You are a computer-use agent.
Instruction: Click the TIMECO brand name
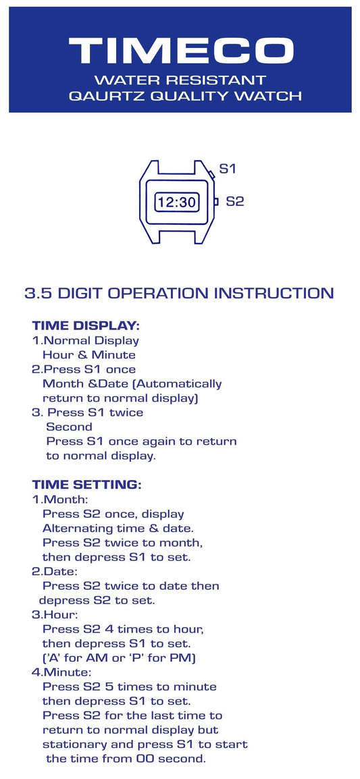(x=181, y=50)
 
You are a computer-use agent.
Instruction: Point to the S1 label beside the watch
(x=227, y=169)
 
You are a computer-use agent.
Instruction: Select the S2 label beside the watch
(x=234, y=202)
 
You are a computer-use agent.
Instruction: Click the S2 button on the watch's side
(x=216, y=202)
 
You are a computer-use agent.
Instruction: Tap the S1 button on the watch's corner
(x=211, y=174)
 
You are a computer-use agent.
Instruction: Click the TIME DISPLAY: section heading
(x=86, y=327)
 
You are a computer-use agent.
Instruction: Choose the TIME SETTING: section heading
(x=87, y=485)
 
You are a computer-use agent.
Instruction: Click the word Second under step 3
(x=69, y=427)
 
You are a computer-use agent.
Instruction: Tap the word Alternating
(x=74, y=528)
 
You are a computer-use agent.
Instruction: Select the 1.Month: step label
(x=60, y=500)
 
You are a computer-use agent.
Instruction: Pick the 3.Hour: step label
(x=55, y=614)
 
